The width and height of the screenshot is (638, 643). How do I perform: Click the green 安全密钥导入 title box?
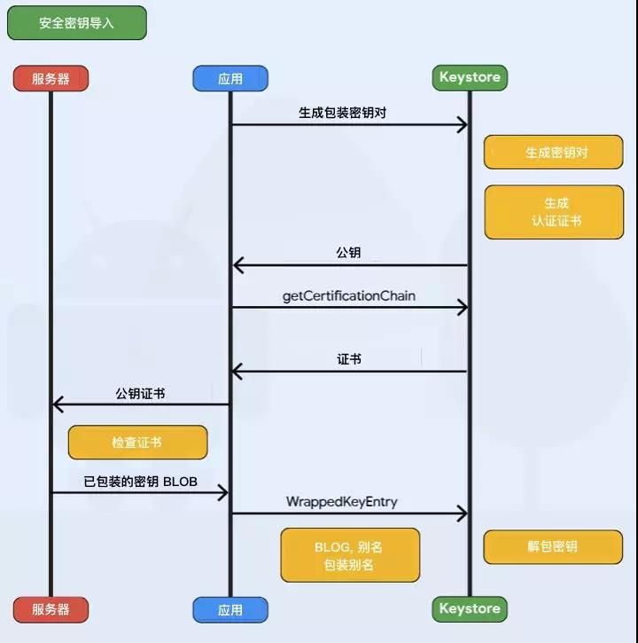76,23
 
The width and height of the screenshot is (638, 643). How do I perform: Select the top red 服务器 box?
51,79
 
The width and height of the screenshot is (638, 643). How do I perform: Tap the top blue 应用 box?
230,79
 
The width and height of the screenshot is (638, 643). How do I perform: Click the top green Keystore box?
470,77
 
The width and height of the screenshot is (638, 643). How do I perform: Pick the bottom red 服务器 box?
51,609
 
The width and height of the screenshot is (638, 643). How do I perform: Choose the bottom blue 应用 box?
230,610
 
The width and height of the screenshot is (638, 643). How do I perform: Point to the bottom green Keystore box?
470,608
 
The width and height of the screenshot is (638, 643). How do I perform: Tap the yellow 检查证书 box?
137,442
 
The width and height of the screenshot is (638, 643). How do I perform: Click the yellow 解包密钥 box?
553,546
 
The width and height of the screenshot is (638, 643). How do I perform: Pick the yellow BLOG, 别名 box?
350,555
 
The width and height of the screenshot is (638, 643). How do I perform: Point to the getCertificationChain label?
349,295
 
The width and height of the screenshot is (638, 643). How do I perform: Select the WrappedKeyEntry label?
342,502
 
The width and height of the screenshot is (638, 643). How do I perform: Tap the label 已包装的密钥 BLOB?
141,482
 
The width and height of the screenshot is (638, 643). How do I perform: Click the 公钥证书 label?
140,393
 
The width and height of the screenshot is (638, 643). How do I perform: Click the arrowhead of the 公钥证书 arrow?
58,404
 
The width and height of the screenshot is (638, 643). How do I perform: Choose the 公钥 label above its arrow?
349,253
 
